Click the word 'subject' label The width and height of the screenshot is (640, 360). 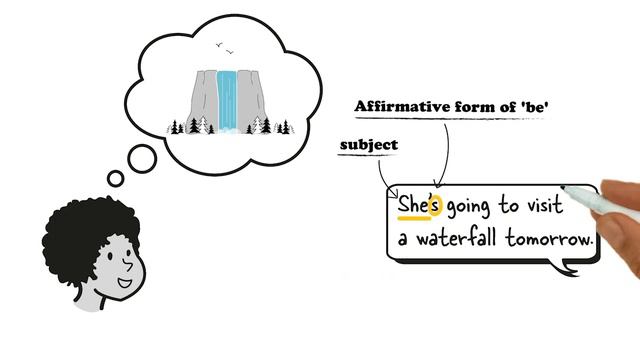tap(368, 145)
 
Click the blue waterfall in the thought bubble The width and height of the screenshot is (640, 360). tap(229, 100)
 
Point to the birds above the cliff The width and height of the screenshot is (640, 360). tap(226, 49)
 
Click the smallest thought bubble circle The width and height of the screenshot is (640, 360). tap(115, 179)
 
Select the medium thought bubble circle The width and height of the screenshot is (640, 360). tap(142, 157)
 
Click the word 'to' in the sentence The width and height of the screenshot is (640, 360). tap(510, 207)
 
